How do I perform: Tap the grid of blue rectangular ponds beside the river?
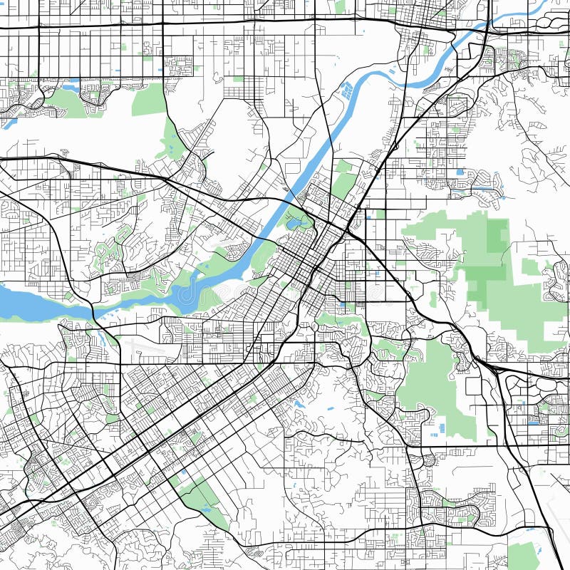[x=347, y=90]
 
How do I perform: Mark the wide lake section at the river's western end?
[x=28, y=303]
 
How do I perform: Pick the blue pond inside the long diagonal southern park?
[x=207, y=509]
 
